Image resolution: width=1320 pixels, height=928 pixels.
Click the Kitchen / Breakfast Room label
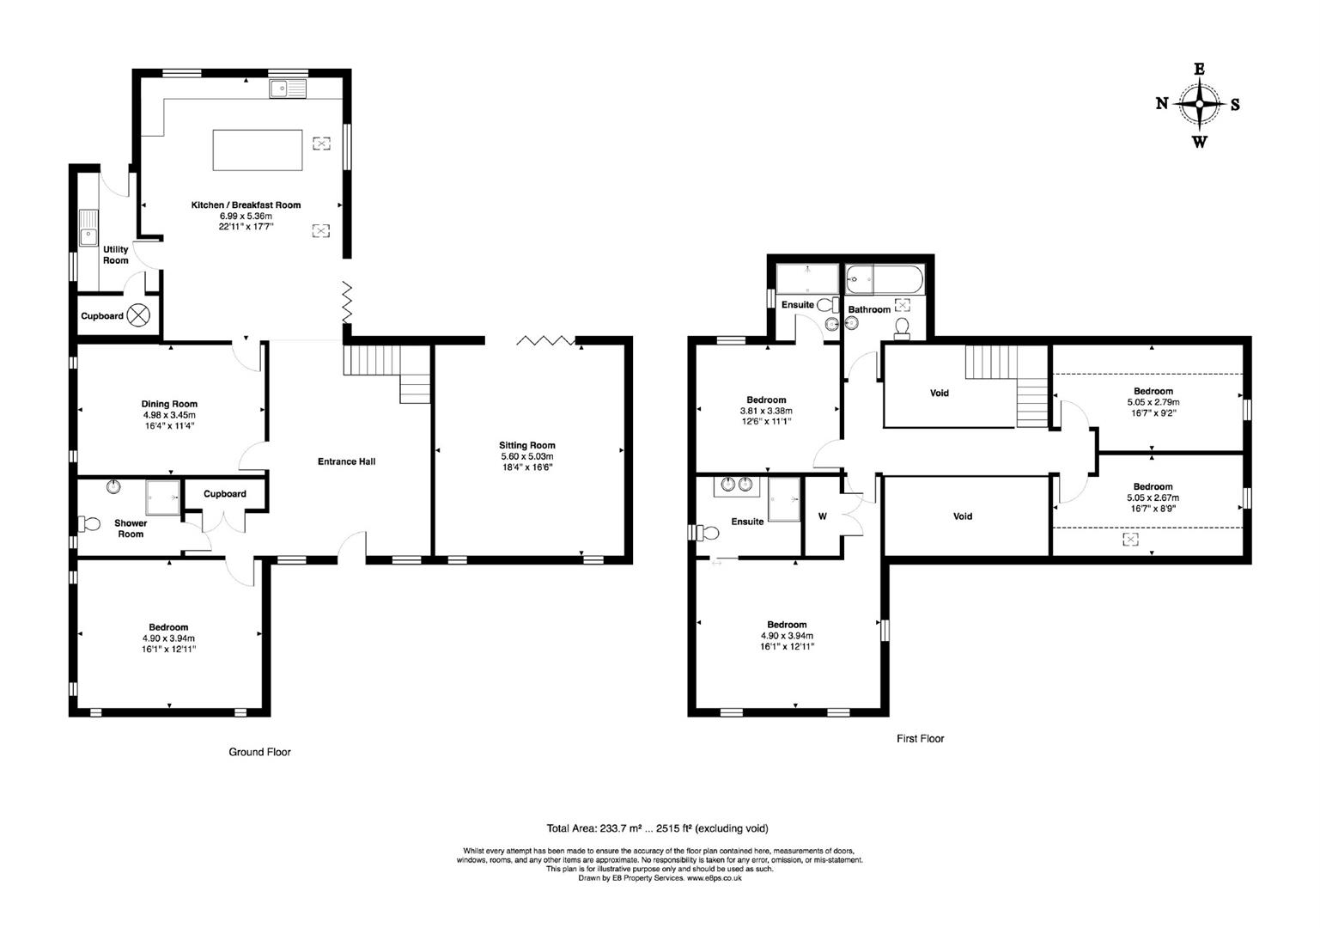246,205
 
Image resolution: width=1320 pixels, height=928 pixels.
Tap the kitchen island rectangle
258,150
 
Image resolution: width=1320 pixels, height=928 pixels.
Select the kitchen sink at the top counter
288,89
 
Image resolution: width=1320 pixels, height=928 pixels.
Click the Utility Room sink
88,229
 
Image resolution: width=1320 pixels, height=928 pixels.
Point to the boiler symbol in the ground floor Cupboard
137,315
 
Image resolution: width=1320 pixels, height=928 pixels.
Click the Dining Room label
169,404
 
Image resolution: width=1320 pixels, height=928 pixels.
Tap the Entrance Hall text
346,461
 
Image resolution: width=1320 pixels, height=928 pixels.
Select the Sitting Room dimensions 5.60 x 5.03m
527,456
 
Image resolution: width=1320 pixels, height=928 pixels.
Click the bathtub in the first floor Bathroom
885,279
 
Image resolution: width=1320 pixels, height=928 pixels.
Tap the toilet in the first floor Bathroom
902,327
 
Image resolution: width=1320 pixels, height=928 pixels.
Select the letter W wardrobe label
822,516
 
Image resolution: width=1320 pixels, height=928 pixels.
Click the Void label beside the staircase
940,393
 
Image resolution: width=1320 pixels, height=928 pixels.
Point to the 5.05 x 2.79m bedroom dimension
1153,401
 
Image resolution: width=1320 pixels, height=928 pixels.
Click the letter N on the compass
1162,104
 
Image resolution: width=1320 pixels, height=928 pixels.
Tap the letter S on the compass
1235,104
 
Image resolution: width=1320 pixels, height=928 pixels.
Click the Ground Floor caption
259,752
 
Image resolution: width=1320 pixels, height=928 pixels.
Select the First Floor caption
920,738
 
